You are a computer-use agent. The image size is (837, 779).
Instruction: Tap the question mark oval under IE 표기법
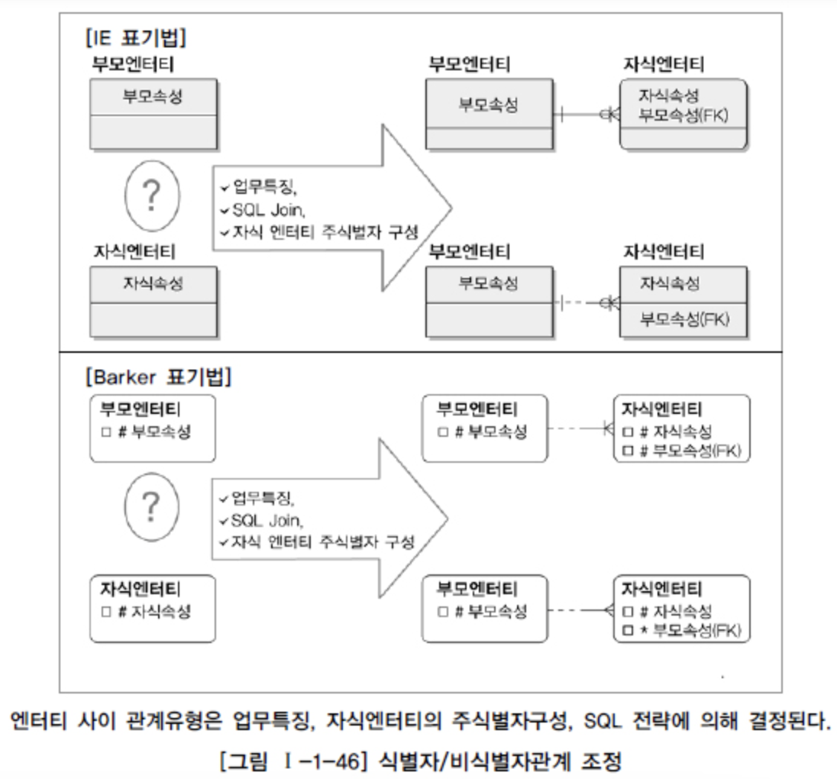pyautogui.click(x=152, y=196)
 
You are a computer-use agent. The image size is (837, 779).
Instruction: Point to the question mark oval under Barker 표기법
pyautogui.click(x=152, y=506)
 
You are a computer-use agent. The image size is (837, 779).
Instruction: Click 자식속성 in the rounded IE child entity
pyautogui.click(x=669, y=95)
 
